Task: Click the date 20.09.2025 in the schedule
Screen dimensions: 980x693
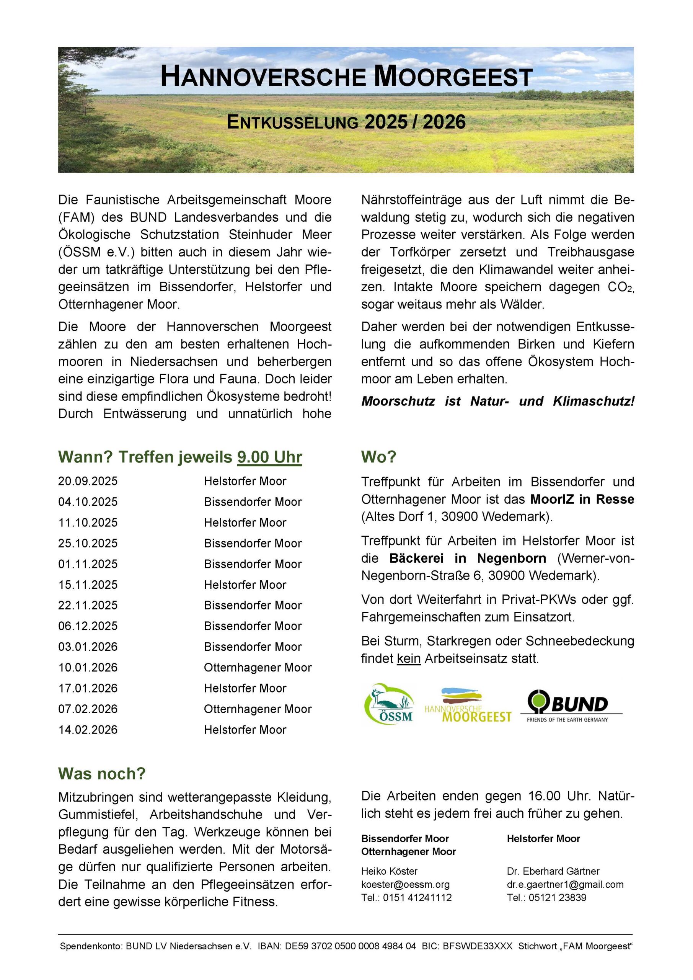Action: pos(88,481)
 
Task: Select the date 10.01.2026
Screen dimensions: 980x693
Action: pos(88,668)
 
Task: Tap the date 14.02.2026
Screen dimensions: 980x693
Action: pos(88,730)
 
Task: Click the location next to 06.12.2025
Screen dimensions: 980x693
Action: pos(253,626)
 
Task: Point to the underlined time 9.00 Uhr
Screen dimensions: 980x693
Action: pos(270,457)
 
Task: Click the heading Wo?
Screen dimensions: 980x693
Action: pos(378,457)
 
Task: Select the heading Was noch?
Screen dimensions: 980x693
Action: pos(102,774)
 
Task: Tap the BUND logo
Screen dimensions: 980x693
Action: pos(571,705)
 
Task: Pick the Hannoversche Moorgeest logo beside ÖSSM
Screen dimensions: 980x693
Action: pos(468,705)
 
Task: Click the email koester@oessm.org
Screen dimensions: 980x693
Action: pos(405,885)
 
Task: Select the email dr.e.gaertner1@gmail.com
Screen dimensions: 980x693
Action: pos(565,885)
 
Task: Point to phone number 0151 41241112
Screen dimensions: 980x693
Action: pos(417,898)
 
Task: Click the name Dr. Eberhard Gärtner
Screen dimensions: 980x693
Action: pos(553,871)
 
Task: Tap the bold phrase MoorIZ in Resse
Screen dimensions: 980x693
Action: pos(582,500)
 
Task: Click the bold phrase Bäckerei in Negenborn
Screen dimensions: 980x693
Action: pos(468,558)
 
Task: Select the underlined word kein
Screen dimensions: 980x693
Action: pos(408,658)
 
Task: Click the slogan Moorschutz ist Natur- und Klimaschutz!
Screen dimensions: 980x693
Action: pos(497,401)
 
